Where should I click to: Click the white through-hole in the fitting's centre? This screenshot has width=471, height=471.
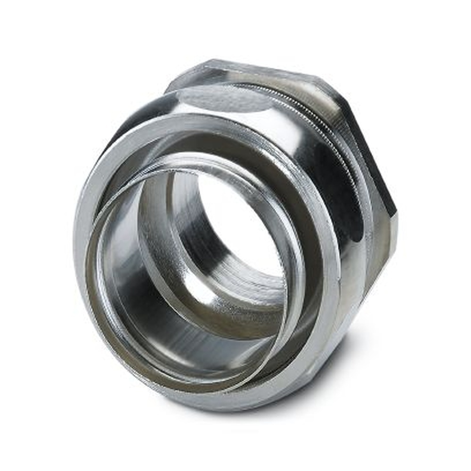[235, 226]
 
